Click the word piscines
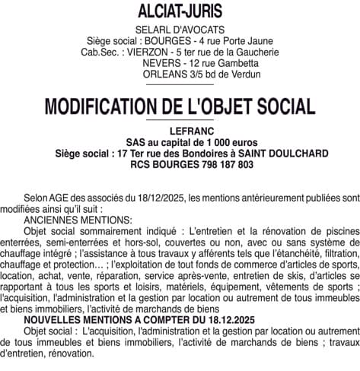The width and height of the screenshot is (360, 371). click(339, 229)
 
